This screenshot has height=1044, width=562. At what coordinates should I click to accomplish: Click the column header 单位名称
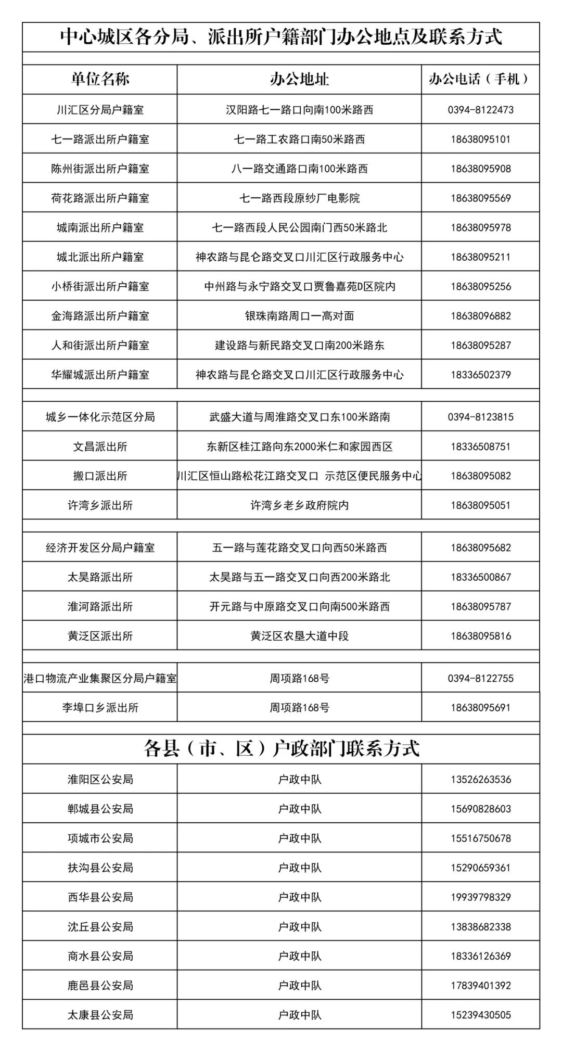pos(100,79)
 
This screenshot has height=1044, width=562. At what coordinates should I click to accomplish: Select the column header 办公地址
pos(299,79)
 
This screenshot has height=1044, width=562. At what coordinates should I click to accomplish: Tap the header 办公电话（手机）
pos(480,79)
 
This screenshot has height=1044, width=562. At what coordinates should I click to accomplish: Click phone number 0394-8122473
pos(480,110)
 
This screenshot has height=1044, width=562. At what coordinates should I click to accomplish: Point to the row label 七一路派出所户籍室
pos(100,139)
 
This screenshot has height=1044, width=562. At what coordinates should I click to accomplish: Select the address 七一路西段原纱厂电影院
pos(299,198)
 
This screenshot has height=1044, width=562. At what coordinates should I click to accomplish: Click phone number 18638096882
pos(480,316)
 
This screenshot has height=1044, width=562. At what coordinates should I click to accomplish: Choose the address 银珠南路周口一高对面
pos(299,316)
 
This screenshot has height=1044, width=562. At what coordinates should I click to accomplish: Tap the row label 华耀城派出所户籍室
pos(100,375)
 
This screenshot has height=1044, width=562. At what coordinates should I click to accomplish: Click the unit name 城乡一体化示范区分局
pos(100,417)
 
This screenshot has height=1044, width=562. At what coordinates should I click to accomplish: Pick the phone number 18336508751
pos(480,447)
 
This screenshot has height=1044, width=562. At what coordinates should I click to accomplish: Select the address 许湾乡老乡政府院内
pos(299,505)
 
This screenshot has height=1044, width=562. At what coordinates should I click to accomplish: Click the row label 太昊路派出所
pos(100,577)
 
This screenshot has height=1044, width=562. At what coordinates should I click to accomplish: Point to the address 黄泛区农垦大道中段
pos(299,636)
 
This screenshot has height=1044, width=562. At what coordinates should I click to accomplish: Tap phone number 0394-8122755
pos(480,678)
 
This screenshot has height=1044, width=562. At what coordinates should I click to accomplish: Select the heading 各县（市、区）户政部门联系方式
pos(281,749)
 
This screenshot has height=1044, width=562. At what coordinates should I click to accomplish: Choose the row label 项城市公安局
pos(100,838)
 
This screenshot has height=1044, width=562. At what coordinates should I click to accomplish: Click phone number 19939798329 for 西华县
pos(480,897)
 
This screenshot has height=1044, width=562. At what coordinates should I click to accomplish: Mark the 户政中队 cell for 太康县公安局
pos(299,1015)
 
